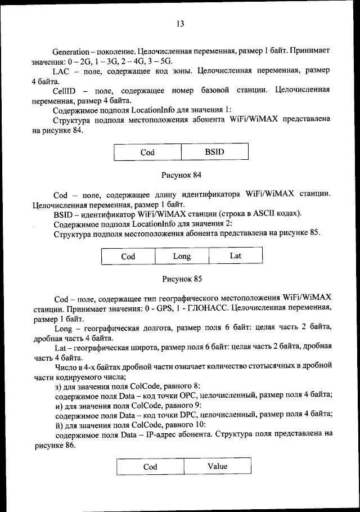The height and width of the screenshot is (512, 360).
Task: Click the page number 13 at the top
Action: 180,24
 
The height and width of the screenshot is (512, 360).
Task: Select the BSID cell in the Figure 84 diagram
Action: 214,152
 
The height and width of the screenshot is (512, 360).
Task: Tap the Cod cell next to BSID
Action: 147,152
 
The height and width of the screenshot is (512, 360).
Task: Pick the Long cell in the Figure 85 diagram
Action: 182,256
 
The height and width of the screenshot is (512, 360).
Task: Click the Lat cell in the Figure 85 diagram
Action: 236,256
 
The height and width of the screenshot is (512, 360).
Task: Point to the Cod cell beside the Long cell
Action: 128,256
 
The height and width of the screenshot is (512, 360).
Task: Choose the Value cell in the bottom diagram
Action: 217,466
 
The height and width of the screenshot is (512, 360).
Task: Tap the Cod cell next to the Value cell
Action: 150,466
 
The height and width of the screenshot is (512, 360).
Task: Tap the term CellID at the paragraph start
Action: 64,91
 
